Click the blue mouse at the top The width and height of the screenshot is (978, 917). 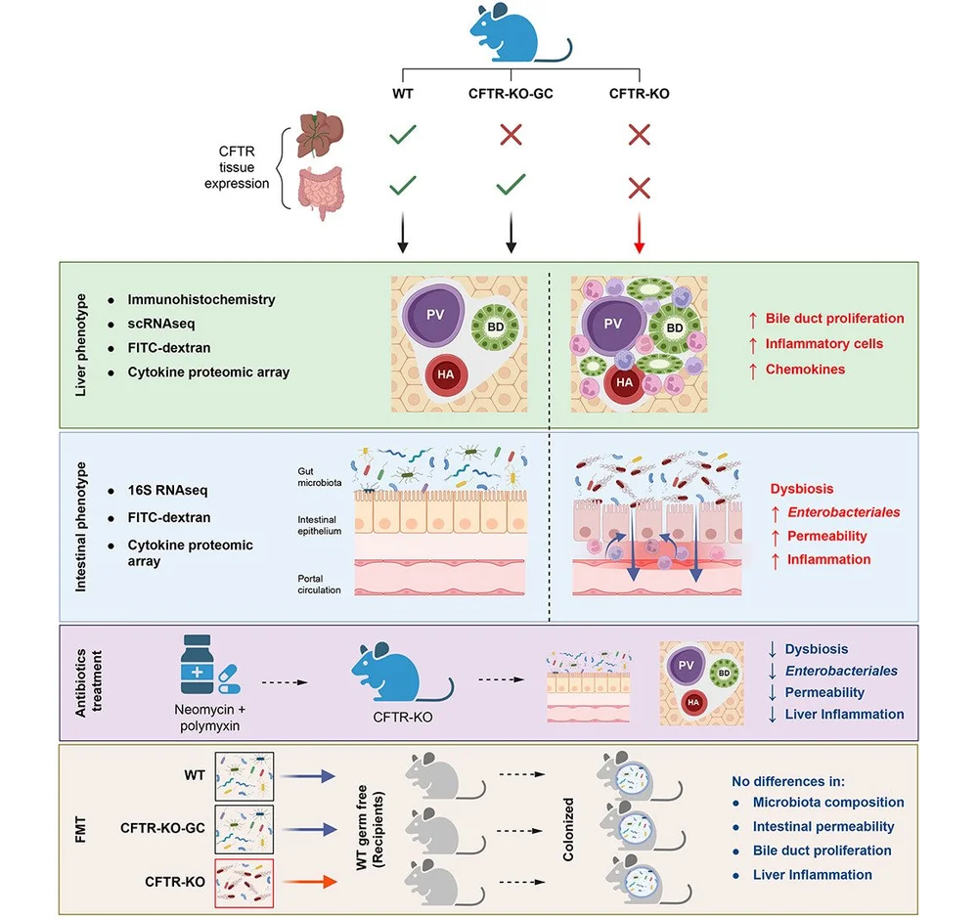[x=515, y=35]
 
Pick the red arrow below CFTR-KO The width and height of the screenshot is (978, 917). [x=640, y=240]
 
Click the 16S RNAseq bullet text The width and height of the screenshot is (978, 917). [x=167, y=490]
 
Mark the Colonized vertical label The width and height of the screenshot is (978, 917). [x=568, y=831]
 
